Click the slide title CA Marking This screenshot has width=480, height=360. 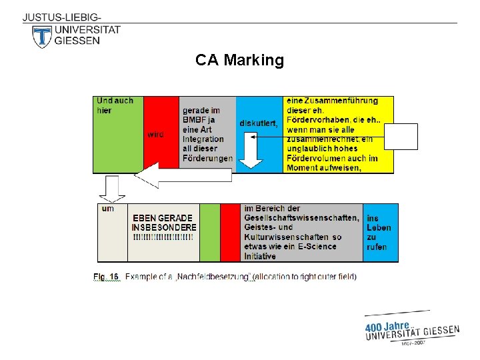click(239, 61)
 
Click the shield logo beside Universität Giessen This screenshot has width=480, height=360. click(42, 37)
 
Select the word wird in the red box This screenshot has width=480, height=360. click(155, 134)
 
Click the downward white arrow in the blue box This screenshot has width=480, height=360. click(251, 151)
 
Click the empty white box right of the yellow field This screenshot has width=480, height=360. click(405, 137)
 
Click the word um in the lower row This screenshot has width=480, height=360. click(107, 209)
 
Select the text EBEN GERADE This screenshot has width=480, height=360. click(163, 218)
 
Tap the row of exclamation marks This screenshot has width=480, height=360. click(163, 237)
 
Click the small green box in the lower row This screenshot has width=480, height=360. click(209, 232)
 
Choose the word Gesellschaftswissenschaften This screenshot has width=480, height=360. click(301, 218)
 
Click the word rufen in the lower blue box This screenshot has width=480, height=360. click(376, 247)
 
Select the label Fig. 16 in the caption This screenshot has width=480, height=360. click(105, 276)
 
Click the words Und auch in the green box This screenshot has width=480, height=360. click(115, 101)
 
